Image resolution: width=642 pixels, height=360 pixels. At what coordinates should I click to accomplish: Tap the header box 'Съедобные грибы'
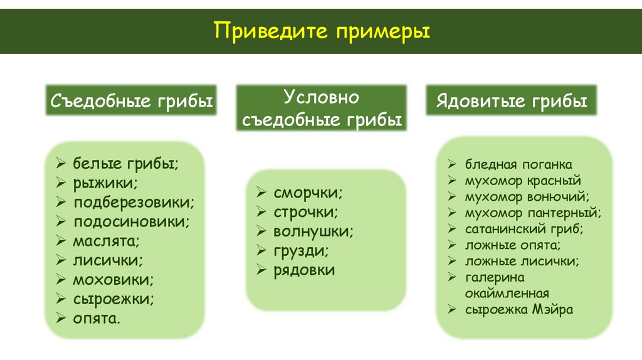(x=131, y=100)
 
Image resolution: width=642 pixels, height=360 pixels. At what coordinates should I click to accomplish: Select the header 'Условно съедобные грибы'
(x=321, y=108)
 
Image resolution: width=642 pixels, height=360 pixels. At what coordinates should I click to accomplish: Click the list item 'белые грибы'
(x=126, y=164)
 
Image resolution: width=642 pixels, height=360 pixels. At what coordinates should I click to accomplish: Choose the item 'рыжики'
(x=105, y=183)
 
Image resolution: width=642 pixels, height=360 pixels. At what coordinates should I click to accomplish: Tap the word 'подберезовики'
(x=134, y=202)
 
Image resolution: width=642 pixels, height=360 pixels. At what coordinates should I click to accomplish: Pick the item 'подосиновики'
(x=131, y=221)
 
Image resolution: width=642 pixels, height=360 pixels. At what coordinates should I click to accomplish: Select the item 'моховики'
(x=113, y=279)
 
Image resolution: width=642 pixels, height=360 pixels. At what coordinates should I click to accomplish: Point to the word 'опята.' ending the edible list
(x=97, y=318)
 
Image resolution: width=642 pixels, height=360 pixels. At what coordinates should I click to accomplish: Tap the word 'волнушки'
(x=313, y=231)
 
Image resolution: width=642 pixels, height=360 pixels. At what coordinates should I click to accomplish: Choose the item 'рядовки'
(x=304, y=270)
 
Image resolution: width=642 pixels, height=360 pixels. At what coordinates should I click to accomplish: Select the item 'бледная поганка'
(x=518, y=165)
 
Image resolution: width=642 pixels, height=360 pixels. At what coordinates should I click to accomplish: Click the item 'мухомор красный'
(x=518, y=181)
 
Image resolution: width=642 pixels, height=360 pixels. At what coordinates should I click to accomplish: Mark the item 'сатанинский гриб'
(x=524, y=229)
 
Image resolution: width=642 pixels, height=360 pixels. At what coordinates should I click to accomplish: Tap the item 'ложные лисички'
(x=522, y=261)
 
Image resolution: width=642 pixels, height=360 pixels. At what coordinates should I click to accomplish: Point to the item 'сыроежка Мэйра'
(x=519, y=309)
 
